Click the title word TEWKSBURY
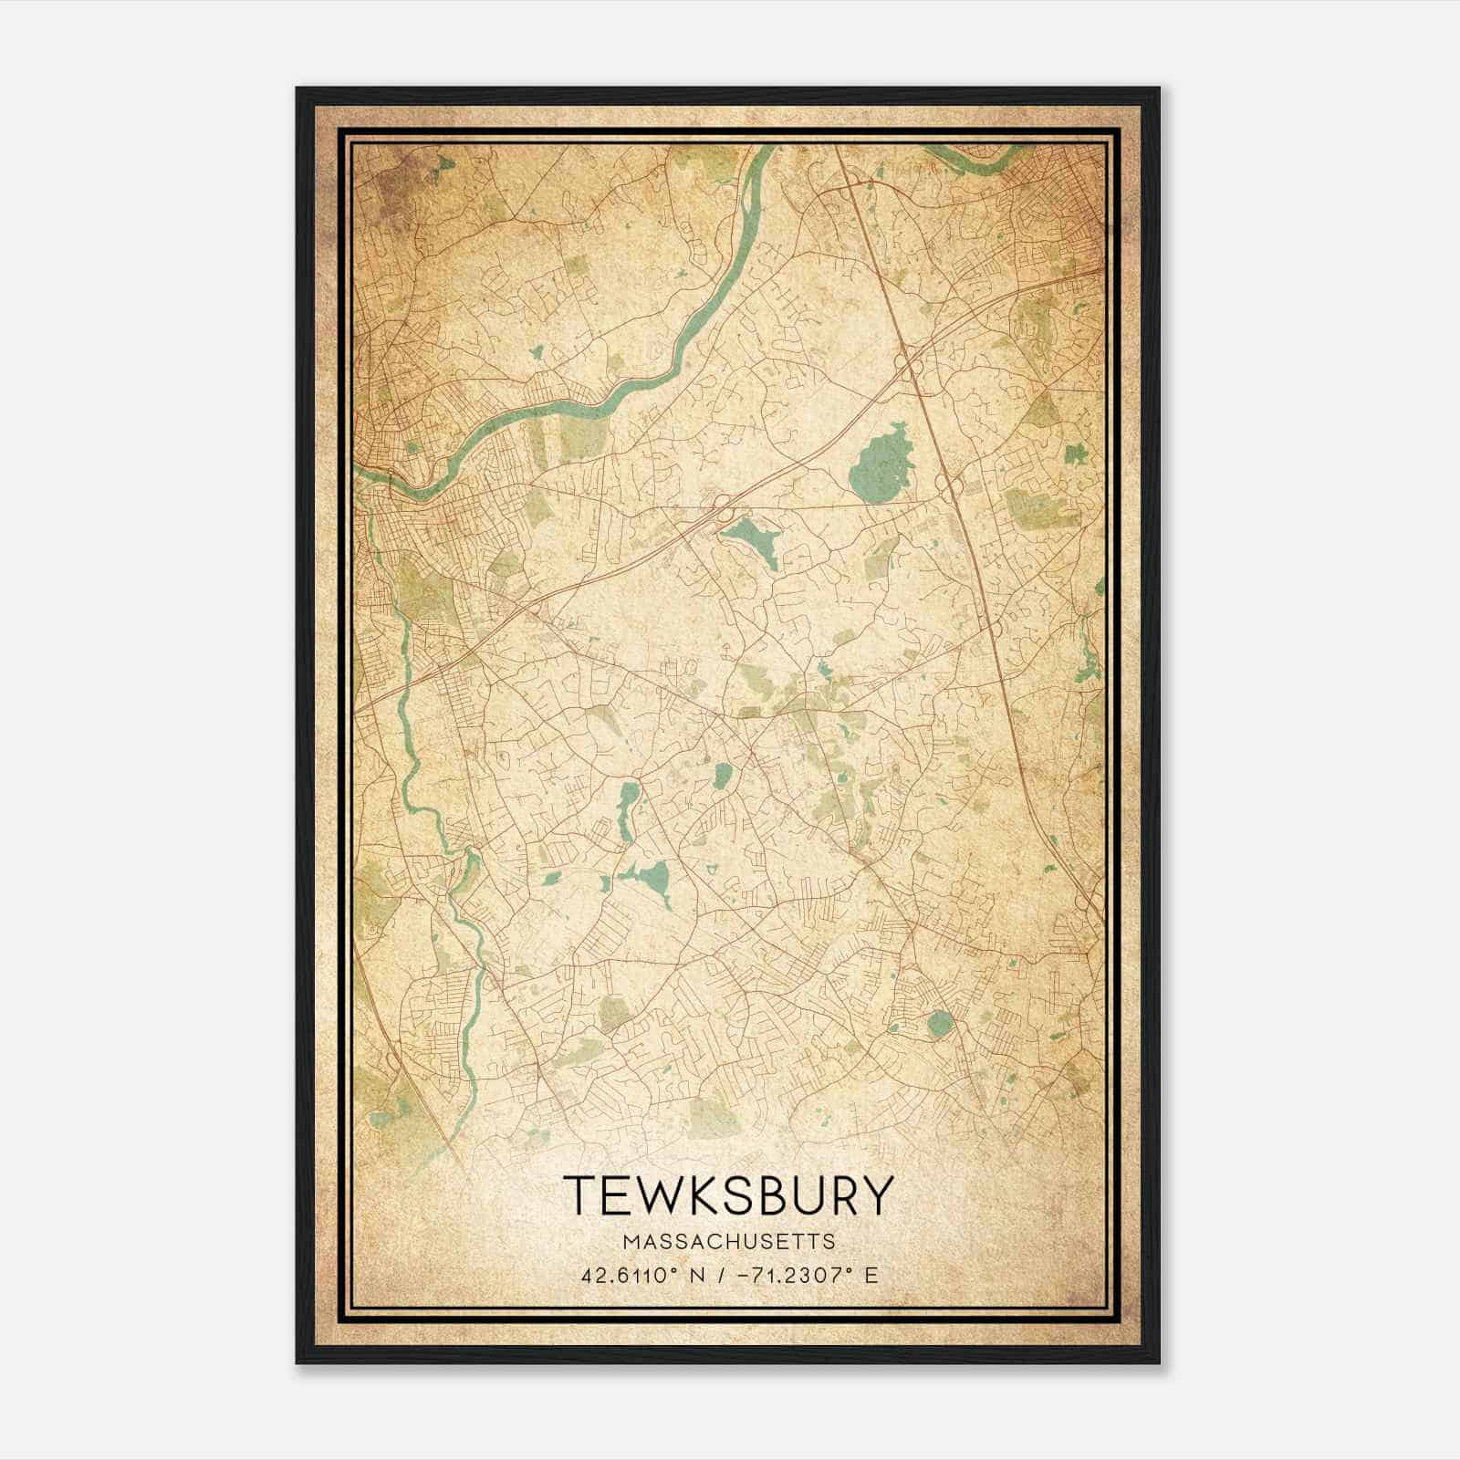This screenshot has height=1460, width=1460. (x=726, y=1195)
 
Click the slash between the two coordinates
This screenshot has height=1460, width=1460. (x=722, y=1275)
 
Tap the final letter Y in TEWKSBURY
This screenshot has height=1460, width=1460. (x=873, y=1195)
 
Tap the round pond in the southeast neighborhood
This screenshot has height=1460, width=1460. (x=938, y=1024)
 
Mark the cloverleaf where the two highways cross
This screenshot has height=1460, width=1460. (x=910, y=365)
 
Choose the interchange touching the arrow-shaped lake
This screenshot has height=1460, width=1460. (x=722, y=506)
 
